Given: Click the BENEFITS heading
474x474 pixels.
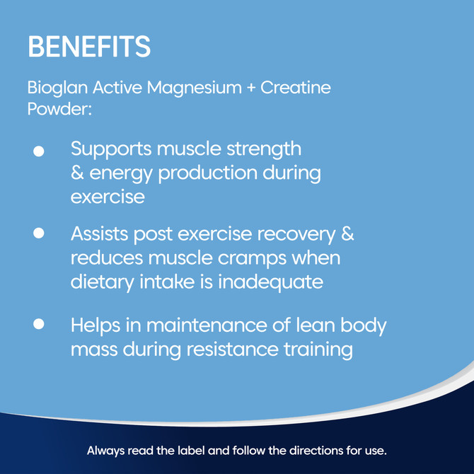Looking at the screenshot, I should click(x=89, y=47).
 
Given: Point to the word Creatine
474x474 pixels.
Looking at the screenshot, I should click(x=296, y=89).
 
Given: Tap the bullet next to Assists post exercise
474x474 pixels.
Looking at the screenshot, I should click(x=40, y=232).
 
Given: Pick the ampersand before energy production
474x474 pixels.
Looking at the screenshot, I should click(x=77, y=173).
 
